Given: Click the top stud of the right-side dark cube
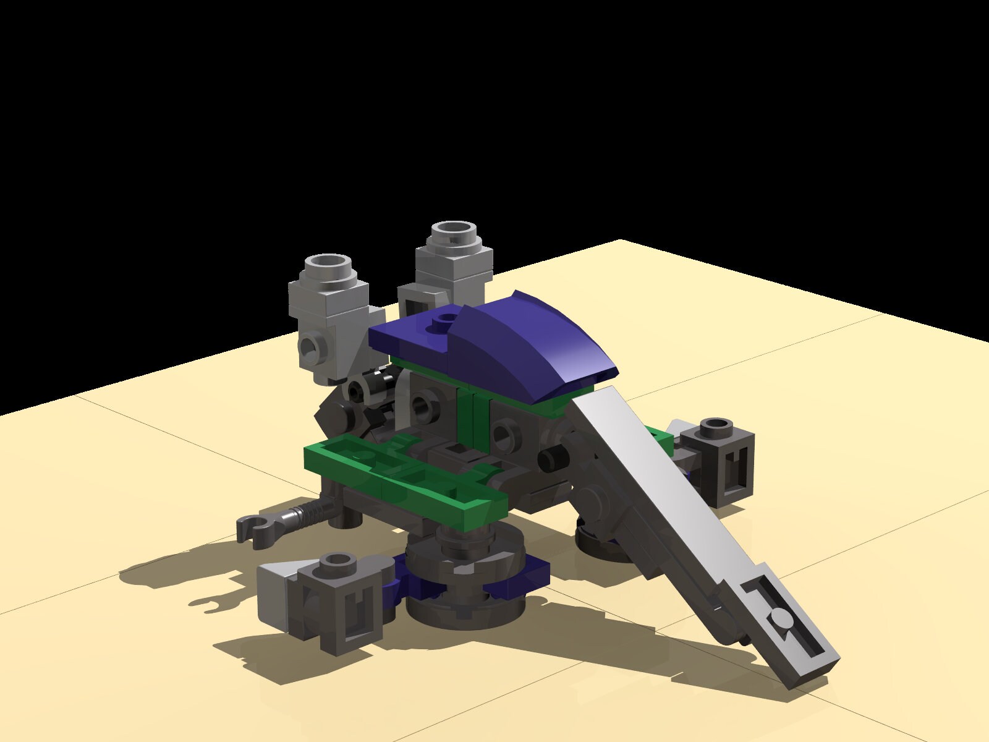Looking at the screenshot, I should click(x=717, y=425).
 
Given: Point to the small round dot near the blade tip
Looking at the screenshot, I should click(x=780, y=619).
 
